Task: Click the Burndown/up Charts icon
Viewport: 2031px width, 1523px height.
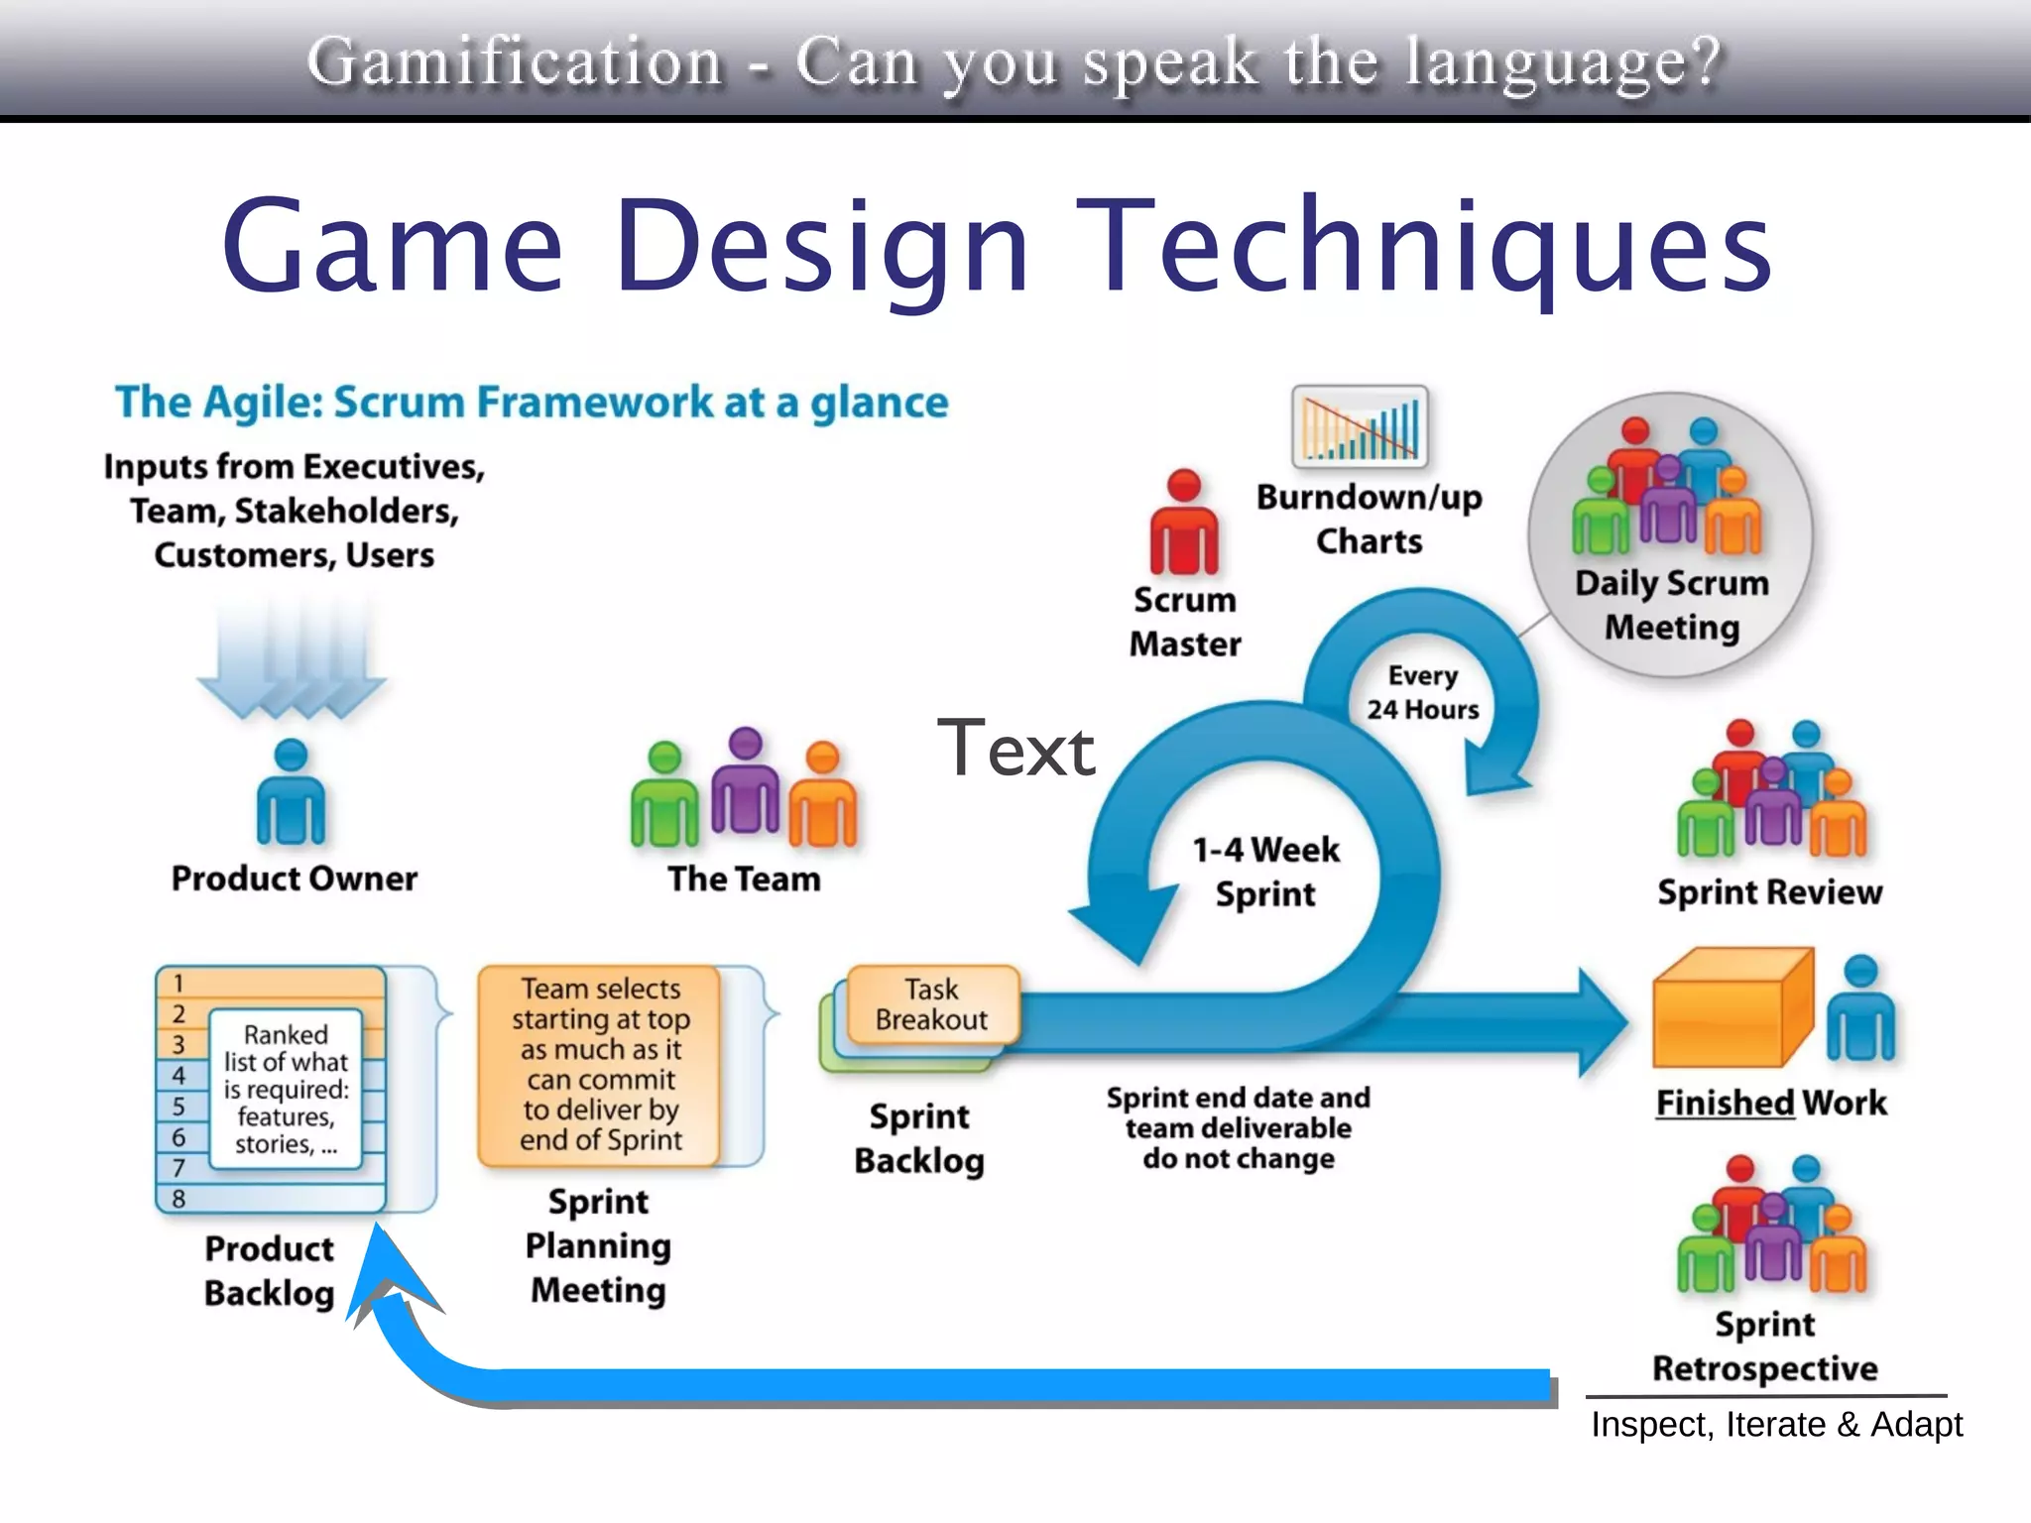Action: [1360, 427]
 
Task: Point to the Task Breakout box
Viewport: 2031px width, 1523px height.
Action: [931, 1004]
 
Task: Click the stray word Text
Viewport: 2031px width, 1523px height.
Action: [1015, 749]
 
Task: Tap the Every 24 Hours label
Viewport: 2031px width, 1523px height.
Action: [1422, 693]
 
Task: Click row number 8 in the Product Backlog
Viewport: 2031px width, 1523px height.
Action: [179, 1199]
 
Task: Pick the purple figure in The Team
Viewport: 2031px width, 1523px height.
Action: [745, 783]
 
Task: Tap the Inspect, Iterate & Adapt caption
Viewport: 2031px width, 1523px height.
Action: [1775, 1425]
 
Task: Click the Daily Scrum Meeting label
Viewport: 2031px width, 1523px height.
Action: [1672, 605]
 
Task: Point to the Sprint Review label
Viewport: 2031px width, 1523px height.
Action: [1769, 892]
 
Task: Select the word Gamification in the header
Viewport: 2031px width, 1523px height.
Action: [515, 61]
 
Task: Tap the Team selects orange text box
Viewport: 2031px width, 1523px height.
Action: [600, 1064]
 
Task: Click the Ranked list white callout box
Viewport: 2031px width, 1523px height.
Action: [286, 1089]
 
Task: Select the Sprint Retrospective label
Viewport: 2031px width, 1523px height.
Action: [1764, 1347]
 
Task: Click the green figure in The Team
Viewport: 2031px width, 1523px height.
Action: [663, 798]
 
